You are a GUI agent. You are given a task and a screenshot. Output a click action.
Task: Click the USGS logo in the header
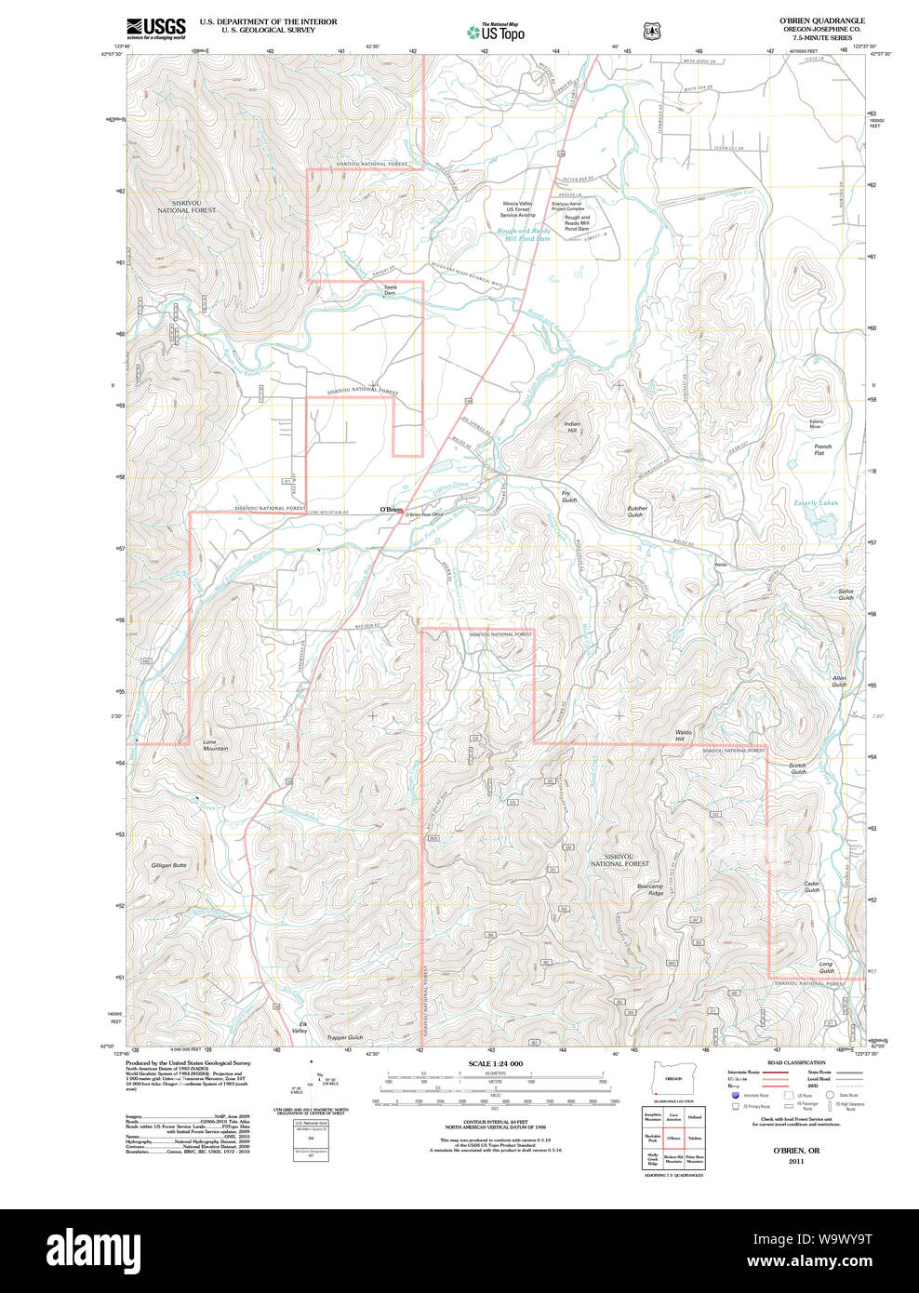click(x=156, y=28)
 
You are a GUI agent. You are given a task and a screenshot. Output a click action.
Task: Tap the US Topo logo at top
click(x=496, y=33)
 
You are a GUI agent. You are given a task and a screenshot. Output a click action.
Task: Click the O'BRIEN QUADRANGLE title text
click(x=821, y=20)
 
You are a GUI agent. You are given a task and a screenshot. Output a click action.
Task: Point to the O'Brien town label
click(x=390, y=509)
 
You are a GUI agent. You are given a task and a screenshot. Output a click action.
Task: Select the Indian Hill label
click(x=572, y=427)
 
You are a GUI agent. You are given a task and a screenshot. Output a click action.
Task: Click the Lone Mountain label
click(x=215, y=745)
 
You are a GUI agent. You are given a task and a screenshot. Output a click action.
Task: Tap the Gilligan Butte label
click(x=168, y=865)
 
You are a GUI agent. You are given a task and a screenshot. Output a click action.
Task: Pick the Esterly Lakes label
click(x=815, y=503)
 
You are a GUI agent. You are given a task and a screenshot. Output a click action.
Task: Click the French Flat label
click(x=822, y=449)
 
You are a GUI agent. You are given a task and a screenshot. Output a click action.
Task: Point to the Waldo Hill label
click(x=684, y=736)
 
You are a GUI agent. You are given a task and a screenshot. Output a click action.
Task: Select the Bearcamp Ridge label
click(x=650, y=889)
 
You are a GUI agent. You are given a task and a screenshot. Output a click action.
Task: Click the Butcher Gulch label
click(x=637, y=512)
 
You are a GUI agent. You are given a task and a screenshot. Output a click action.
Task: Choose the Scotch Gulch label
click(x=798, y=768)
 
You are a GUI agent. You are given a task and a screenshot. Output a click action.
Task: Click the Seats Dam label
click(x=390, y=289)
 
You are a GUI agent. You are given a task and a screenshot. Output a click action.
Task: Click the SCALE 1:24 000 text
click(x=495, y=1063)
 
